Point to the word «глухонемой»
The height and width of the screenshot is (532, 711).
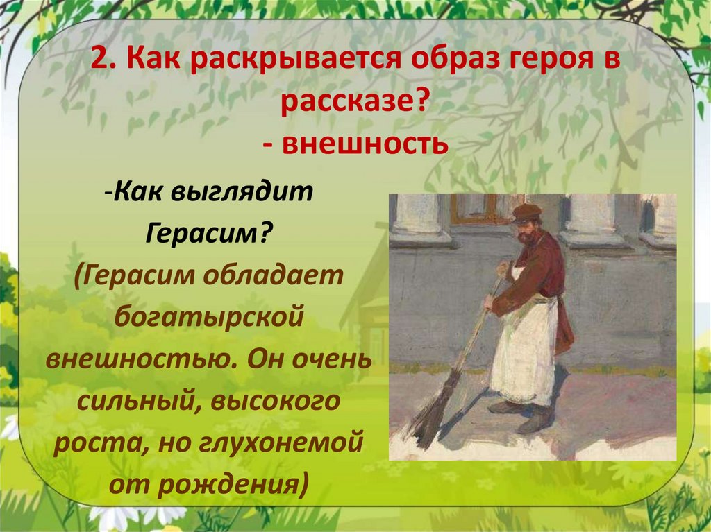click(x=292, y=443)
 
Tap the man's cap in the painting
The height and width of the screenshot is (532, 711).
click(x=527, y=212)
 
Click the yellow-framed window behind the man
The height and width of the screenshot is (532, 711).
click(x=479, y=208)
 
